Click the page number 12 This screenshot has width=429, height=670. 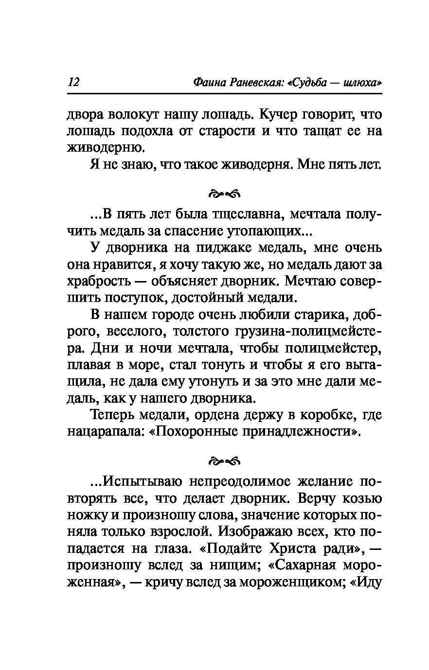coord(74,82)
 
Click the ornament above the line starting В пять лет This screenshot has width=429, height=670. coord(224,194)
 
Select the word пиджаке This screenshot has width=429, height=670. coord(220,248)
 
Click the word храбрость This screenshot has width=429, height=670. coord(99,281)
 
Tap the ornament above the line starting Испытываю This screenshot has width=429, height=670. coord(224,460)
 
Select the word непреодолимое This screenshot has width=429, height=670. coord(232,482)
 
